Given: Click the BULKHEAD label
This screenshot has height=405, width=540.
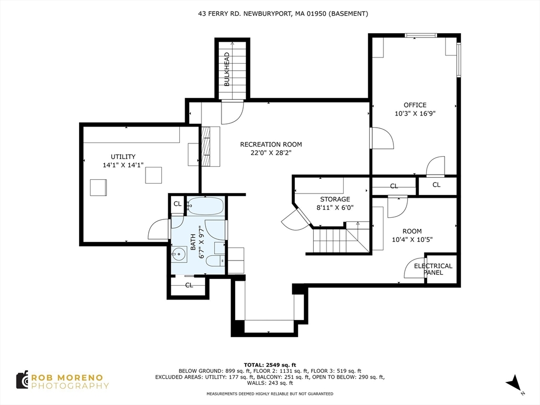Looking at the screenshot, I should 227,69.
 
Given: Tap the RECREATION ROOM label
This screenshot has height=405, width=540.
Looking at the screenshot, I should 271,144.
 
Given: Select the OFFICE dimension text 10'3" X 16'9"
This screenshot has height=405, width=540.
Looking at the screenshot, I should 415,113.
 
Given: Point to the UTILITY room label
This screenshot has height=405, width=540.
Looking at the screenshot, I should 123,157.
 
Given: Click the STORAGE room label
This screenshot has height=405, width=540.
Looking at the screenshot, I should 335,199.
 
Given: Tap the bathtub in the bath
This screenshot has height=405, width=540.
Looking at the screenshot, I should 205,206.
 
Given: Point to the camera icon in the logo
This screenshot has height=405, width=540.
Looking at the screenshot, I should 22,380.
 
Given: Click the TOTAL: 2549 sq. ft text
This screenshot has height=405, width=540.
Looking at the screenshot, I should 269,364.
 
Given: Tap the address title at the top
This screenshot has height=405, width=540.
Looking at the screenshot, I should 269,14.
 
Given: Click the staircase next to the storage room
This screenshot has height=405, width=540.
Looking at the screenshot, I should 335,241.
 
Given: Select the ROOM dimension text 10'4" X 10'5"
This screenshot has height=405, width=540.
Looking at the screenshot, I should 412,239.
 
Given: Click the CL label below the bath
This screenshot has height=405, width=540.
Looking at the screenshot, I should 189,285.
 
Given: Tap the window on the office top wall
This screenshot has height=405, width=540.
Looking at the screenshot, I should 420,35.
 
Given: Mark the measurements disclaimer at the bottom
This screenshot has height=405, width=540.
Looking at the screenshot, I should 269,394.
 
